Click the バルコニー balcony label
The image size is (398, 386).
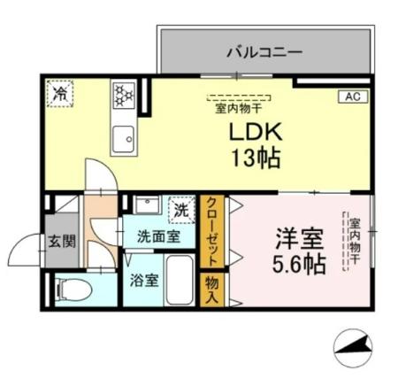point(264,51)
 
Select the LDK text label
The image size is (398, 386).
point(256,134)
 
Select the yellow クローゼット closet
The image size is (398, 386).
point(212,232)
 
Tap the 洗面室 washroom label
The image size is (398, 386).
point(157,236)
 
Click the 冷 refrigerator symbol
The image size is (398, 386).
point(61,92)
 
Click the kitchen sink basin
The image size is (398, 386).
point(122,138)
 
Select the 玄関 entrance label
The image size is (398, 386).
point(61,240)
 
